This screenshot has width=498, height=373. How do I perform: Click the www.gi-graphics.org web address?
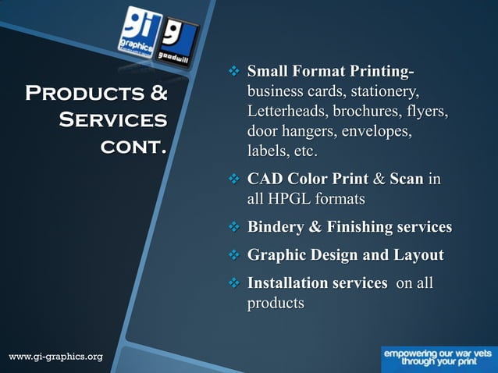click(x=55, y=357)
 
